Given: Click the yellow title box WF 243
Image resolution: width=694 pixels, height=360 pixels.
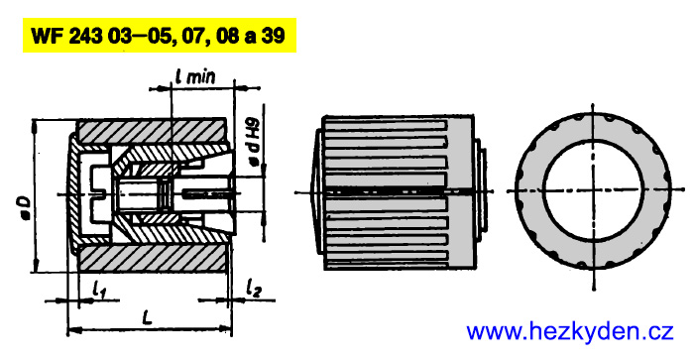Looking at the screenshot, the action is pos(160,35).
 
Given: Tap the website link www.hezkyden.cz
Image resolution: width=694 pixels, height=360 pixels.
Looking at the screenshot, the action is pos(570,331).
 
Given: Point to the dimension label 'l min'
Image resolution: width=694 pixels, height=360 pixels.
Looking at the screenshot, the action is pos(195,77).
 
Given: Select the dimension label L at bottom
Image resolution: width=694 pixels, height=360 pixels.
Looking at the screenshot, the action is pos(148,317).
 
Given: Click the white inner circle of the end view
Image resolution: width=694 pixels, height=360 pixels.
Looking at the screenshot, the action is pos(593,190).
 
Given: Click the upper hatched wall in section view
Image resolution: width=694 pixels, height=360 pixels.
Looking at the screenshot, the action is pos(151,130).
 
